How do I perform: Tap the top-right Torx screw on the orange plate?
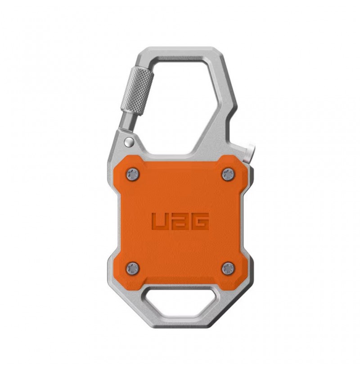tap(229, 174)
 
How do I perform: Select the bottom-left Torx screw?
tap(133, 268)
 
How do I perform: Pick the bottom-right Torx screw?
tap(229, 268)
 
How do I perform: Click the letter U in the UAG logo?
tap(161, 221)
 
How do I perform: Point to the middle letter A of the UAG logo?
tap(180, 221)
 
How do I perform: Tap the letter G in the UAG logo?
tap(200, 221)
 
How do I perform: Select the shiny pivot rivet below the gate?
tap(129, 142)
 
